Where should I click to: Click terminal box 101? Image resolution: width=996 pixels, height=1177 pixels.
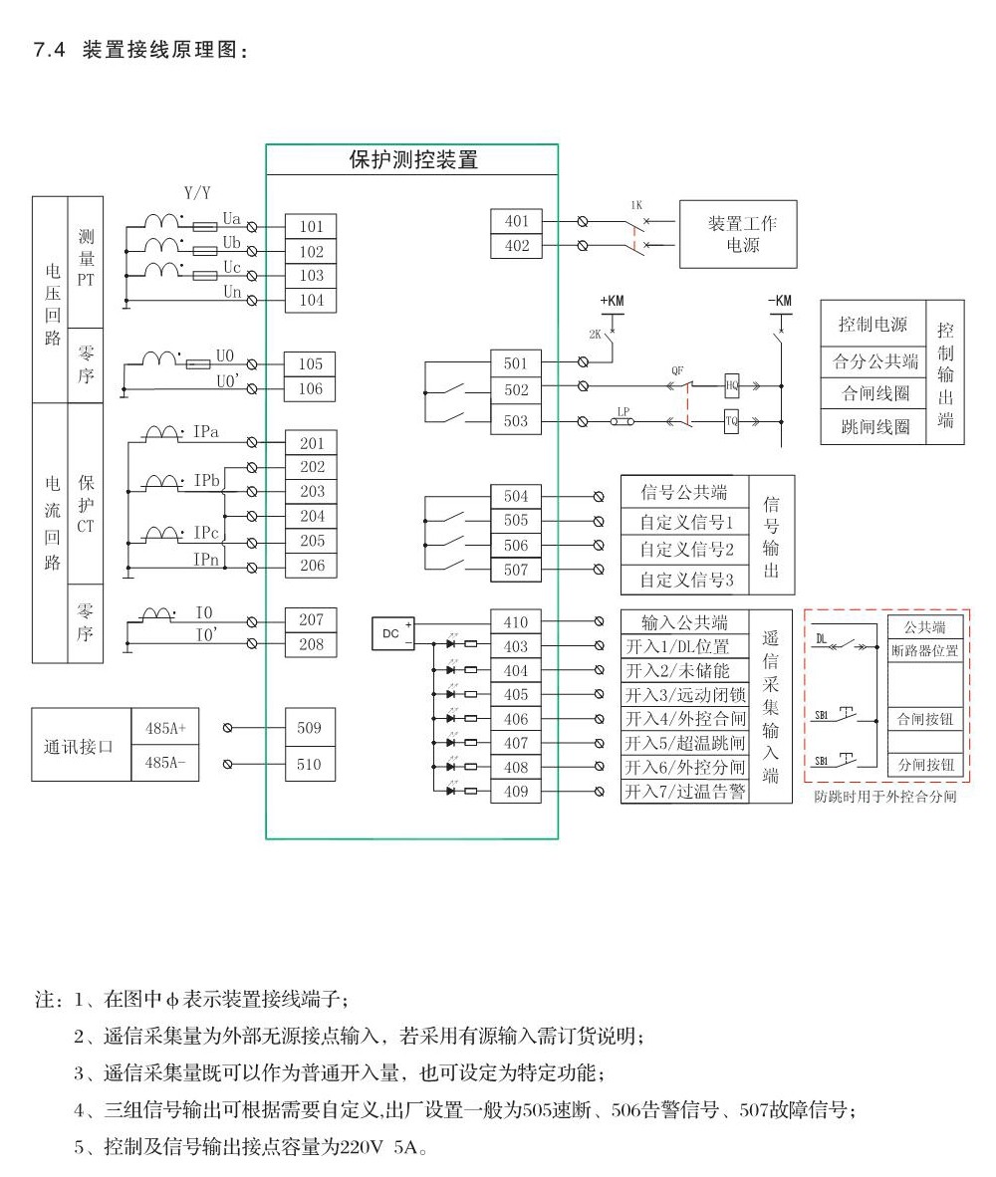(311, 227)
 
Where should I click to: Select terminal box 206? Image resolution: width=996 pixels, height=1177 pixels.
(311, 566)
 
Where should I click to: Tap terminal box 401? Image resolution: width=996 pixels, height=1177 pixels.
(517, 221)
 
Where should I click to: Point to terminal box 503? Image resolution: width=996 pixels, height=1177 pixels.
(515, 421)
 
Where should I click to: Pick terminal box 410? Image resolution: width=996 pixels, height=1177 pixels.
(515, 622)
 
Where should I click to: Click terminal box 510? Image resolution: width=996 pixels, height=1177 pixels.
(309, 764)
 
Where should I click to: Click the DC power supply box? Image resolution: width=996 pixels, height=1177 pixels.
(392, 634)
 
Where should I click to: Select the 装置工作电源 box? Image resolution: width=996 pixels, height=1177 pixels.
(742, 234)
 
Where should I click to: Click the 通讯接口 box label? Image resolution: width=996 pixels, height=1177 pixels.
(79, 746)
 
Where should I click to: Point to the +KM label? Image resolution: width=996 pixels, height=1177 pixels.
(613, 300)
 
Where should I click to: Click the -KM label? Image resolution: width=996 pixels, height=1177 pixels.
(780, 300)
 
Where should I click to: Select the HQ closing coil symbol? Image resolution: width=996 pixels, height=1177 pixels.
(732, 385)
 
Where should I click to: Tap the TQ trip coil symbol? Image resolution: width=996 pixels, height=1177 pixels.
(732, 421)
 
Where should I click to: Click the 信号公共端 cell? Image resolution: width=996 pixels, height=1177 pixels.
(683, 491)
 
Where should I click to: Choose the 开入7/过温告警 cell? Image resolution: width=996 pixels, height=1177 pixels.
(684, 792)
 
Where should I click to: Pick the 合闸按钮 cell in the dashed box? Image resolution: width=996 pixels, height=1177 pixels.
(925, 718)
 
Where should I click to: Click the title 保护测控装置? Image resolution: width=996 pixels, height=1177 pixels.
(412, 160)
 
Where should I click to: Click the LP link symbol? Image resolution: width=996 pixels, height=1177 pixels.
(623, 421)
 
